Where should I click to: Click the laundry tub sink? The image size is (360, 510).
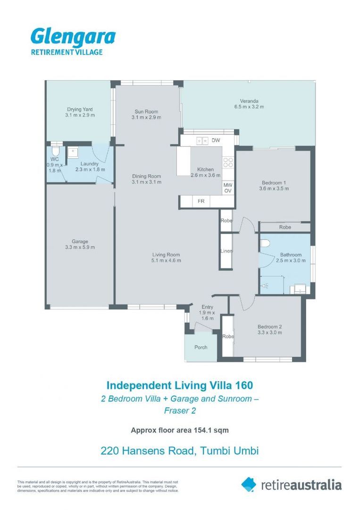[x=73, y=152]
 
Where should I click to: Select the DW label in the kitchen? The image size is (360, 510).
[x=216, y=140]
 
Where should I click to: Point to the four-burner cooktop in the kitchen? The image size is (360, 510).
[x=228, y=162]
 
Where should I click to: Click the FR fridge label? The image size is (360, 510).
[x=201, y=201]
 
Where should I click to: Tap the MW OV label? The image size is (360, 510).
[x=228, y=187]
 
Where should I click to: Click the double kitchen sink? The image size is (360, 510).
[x=202, y=141]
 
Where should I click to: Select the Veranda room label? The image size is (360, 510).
[x=249, y=101]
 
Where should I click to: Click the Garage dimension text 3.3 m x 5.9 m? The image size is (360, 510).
[x=80, y=247]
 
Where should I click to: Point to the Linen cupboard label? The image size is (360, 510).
[x=226, y=251]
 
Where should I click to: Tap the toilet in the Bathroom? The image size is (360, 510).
[x=265, y=243]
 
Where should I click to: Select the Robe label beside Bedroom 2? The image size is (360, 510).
[x=228, y=336]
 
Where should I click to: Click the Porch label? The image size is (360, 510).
[x=201, y=348]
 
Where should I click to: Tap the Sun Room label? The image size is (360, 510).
[x=146, y=111]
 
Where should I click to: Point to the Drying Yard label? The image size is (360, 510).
[x=80, y=110]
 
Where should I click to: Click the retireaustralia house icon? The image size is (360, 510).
[x=249, y=484]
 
